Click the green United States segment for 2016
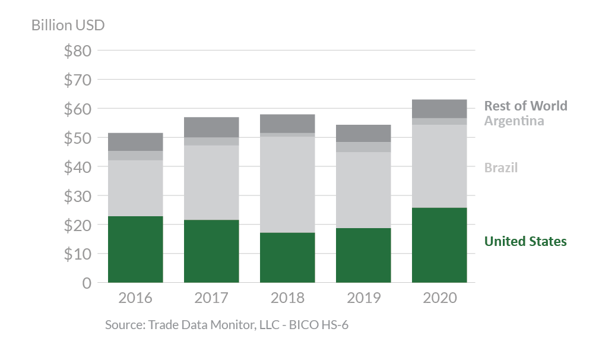(135, 249)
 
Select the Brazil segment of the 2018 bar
(287, 184)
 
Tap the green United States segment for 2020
(439, 245)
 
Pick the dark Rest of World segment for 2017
(211, 127)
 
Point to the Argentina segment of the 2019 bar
(363, 147)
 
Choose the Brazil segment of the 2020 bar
(439, 166)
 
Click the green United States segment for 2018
(287, 257)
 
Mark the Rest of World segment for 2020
(439, 109)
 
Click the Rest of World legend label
(525, 106)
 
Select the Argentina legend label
(514, 121)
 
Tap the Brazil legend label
(501, 168)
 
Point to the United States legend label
(525, 241)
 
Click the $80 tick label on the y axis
(78, 50)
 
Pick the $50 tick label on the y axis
(78, 138)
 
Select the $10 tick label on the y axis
(78, 254)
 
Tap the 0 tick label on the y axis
(87, 283)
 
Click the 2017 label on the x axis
(211, 298)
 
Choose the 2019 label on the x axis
(363, 298)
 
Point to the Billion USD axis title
(68, 26)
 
